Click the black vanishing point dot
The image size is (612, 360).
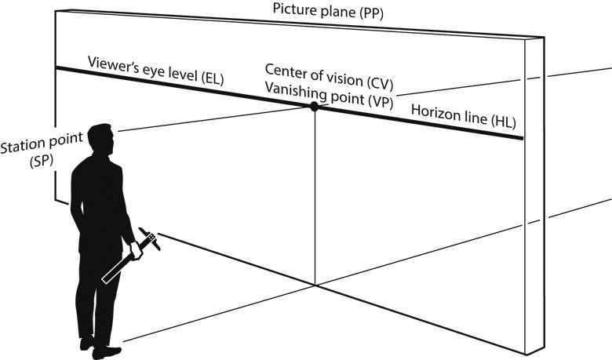[314, 106]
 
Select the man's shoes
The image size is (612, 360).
[99, 345]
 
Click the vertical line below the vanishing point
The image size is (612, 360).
[314, 196]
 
